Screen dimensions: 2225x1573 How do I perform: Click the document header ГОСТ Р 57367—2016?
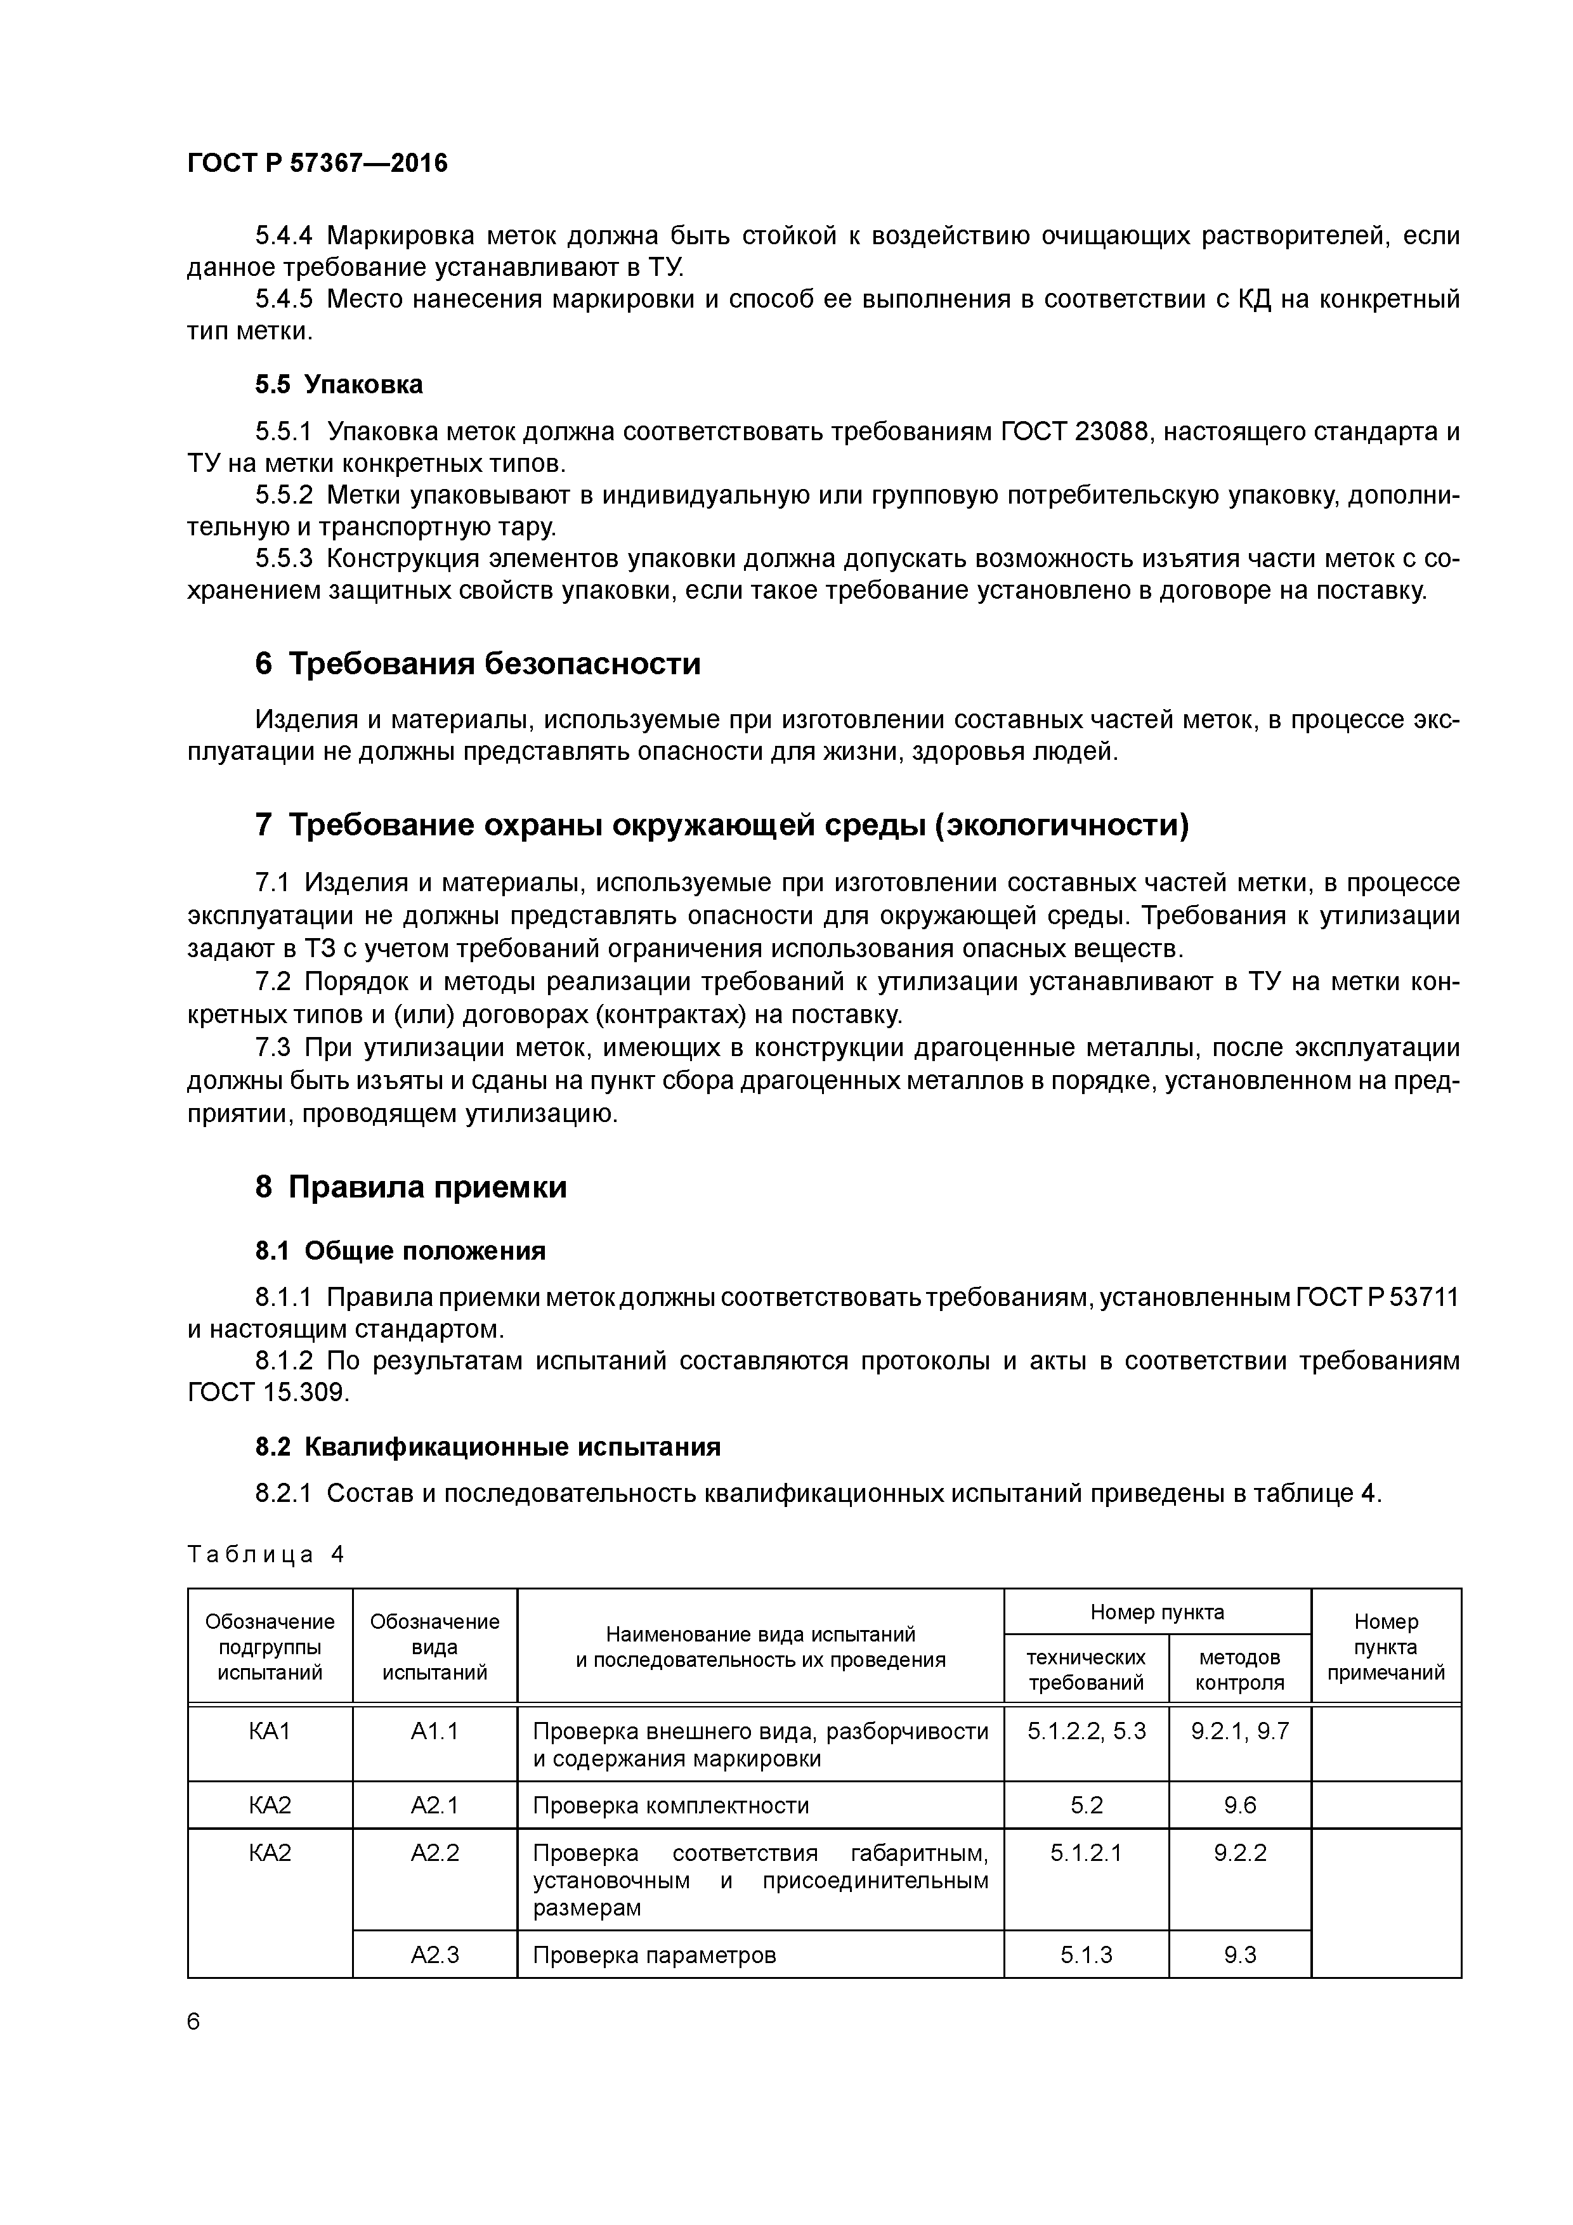click(317, 163)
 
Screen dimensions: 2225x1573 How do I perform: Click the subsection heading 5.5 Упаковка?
click(338, 385)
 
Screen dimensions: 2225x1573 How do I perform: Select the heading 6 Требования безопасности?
click(477, 664)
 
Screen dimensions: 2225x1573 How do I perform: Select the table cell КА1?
click(270, 1731)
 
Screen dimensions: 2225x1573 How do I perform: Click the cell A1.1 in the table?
click(434, 1731)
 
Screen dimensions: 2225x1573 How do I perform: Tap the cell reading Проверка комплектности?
click(670, 1805)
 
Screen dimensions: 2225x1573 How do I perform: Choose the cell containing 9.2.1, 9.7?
click(1239, 1731)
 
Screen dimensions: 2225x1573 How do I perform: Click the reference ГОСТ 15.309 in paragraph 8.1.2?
click(266, 1393)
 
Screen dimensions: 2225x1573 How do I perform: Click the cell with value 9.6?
click(1239, 1805)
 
